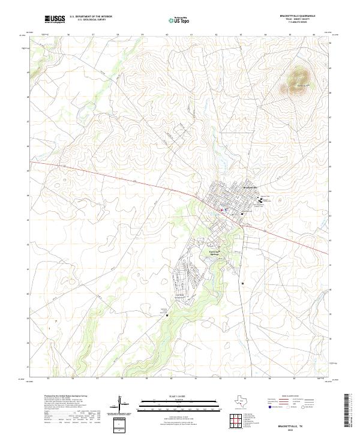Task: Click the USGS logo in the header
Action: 55,19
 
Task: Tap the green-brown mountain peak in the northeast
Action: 299,80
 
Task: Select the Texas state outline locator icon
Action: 243,401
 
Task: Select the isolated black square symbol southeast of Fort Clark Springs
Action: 242,283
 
